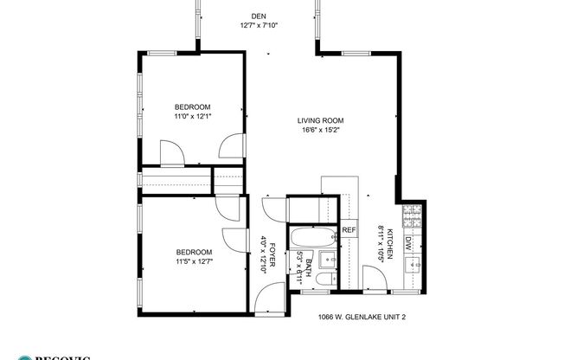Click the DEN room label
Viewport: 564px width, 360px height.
click(258, 16)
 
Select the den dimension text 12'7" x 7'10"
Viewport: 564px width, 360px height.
click(258, 25)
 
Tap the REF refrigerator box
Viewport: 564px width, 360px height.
click(349, 230)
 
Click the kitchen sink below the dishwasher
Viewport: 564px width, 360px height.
click(412, 263)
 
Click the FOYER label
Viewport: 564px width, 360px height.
click(272, 256)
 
